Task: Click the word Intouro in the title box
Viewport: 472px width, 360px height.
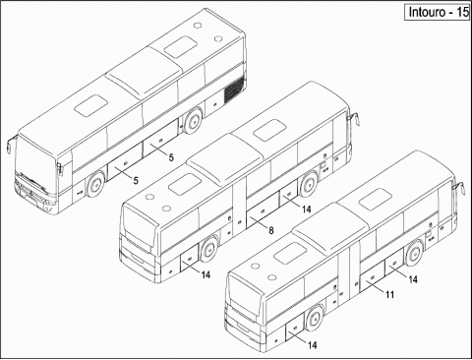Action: pyautogui.click(x=427, y=12)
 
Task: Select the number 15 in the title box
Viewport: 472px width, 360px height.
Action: pyautogui.click(x=462, y=12)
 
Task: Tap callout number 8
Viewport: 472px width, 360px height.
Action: pyautogui.click(x=271, y=231)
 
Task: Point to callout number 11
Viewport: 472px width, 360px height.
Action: pyautogui.click(x=389, y=295)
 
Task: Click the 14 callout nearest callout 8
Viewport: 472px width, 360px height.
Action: pyautogui.click(x=307, y=210)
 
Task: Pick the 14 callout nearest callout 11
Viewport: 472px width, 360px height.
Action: pyautogui.click(x=413, y=279)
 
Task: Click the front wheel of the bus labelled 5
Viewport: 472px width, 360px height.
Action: pyautogui.click(x=95, y=184)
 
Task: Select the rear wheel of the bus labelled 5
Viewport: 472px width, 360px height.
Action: pyautogui.click(x=193, y=120)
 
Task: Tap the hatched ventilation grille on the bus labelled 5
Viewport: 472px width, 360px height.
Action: pyautogui.click(x=234, y=89)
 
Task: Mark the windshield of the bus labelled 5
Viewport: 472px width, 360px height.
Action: pyautogui.click(x=36, y=164)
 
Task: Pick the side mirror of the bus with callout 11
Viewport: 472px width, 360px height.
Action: pyautogui.click(x=460, y=188)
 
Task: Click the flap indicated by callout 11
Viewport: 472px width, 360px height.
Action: pyautogui.click(x=372, y=278)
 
